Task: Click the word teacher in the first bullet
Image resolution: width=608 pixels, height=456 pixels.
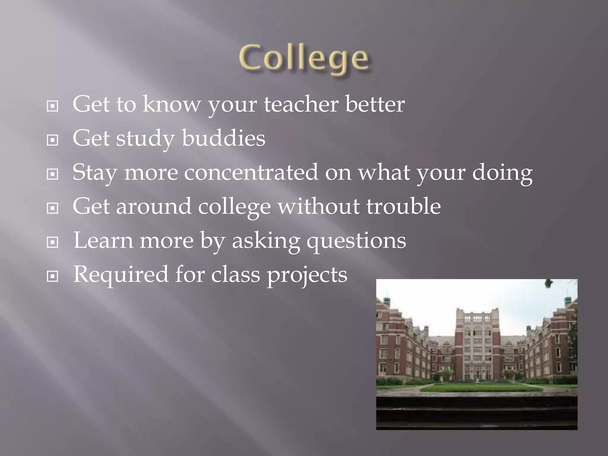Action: pyautogui.click(x=301, y=104)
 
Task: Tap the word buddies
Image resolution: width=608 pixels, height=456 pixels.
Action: pyautogui.click(x=223, y=138)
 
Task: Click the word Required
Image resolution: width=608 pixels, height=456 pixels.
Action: pyautogui.click(x=121, y=275)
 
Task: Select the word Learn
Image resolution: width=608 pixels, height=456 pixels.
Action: pyautogui.click(x=103, y=240)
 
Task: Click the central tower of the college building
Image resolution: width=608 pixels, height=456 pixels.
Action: pyautogui.click(x=477, y=341)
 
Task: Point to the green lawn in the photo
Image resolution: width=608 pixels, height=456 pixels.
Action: pyautogui.click(x=477, y=388)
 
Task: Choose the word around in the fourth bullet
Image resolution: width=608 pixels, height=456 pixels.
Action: pyautogui.click(x=153, y=207)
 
